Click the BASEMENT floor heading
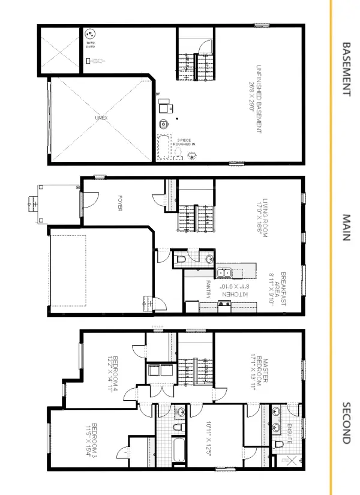click(346, 68)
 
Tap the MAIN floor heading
click(346, 227)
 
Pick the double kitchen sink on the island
click(225, 274)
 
